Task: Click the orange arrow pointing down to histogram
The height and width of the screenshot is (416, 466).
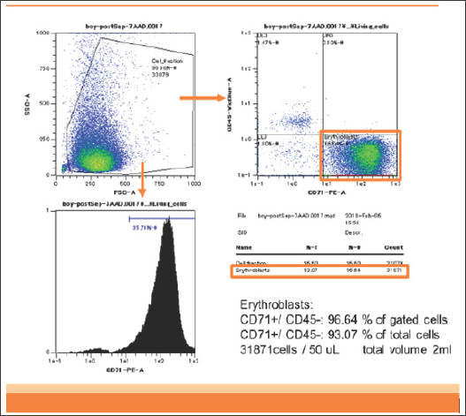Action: tap(142, 177)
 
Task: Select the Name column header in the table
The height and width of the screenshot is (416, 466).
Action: tap(247, 249)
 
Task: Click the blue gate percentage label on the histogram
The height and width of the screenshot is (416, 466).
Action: tap(143, 227)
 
